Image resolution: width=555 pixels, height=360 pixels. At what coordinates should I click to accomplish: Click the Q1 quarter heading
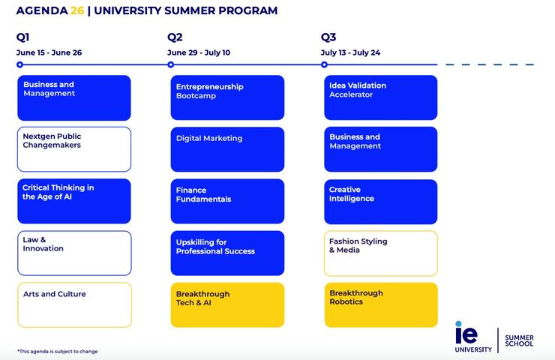coord(23,37)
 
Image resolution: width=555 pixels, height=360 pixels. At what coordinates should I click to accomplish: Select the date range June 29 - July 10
coord(199,52)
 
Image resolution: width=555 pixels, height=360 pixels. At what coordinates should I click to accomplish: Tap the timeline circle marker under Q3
coord(324,64)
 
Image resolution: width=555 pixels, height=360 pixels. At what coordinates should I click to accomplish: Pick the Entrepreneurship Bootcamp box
coord(227,97)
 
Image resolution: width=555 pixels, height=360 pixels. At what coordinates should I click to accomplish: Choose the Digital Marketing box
coord(227,149)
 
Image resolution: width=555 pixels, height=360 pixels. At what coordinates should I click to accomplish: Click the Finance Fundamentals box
coord(227,201)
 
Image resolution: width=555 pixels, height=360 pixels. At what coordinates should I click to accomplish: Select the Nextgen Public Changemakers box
coord(74,149)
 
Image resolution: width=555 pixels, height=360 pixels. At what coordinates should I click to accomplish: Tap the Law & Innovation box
coord(74,253)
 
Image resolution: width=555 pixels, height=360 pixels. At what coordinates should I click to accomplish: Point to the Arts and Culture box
coord(74,304)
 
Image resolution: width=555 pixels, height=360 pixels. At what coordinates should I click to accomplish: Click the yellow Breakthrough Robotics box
coord(381,304)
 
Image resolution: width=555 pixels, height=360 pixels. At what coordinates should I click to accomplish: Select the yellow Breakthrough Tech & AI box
coord(227,304)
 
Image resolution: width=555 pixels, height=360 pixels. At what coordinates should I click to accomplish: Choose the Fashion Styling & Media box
coord(381,253)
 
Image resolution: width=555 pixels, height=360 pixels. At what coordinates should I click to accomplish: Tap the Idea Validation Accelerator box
coord(381,97)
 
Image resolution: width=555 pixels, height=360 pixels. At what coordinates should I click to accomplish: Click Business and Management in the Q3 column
coord(381,149)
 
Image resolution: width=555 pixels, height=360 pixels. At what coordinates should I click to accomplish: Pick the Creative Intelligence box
coord(381,201)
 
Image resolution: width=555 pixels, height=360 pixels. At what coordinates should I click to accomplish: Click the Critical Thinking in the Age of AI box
coord(74,201)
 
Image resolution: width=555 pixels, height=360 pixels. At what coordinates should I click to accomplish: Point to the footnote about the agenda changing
coord(58,351)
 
